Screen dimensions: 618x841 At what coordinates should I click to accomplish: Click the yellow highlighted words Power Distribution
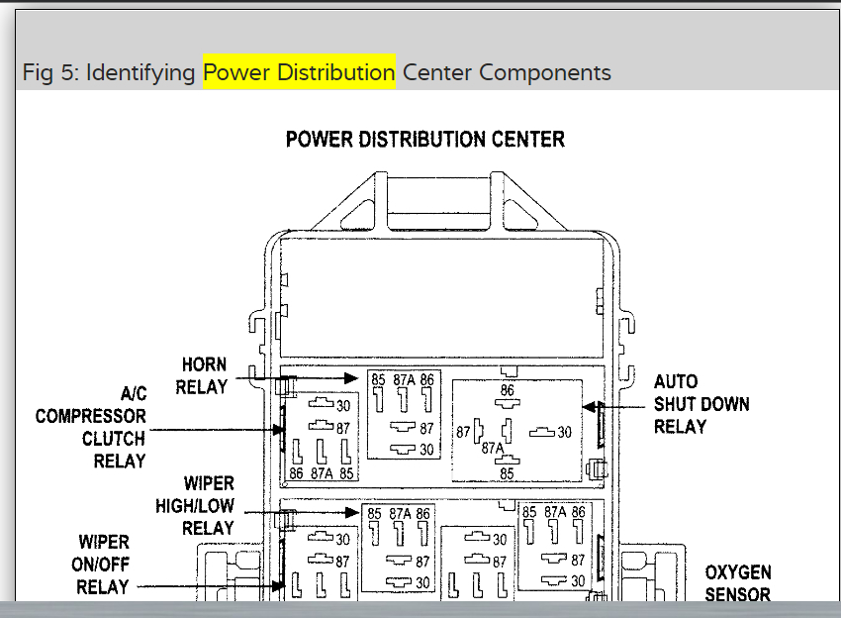pyautogui.click(x=299, y=72)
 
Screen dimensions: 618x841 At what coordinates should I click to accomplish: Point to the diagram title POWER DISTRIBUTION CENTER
pyautogui.click(x=425, y=139)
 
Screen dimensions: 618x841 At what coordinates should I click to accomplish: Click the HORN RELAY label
pyautogui.click(x=204, y=376)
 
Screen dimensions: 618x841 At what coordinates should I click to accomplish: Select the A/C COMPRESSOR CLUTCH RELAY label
pyautogui.click(x=92, y=428)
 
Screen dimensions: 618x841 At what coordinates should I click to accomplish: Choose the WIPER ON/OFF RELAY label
pyautogui.click(x=104, y=565)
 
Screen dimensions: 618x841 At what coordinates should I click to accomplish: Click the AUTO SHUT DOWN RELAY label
pyautogui.click(x=701, y=404)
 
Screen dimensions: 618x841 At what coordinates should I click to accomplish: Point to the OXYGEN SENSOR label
pyautogui.click(x=737, y=583)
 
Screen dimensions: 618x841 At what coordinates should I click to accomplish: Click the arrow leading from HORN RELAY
pyautogui.click(x=307, y=377)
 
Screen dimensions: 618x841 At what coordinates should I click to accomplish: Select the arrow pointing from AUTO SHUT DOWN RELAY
pyautogui.click(x=613, y=406)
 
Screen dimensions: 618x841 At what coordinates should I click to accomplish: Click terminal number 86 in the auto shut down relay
pyautogui.click(x=508, y=391)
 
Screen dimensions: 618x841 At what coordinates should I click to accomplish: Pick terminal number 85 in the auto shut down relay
pyautogui.click(x=507, y=473)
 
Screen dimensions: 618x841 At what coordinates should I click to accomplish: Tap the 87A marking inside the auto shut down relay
pyautogui.click(x=493, y=449)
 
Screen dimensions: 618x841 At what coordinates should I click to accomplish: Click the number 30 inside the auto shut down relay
pyautogui.click(x=564, y=432)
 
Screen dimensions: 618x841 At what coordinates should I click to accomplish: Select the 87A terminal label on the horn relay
pyautogui.click(x=404, y=379)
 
